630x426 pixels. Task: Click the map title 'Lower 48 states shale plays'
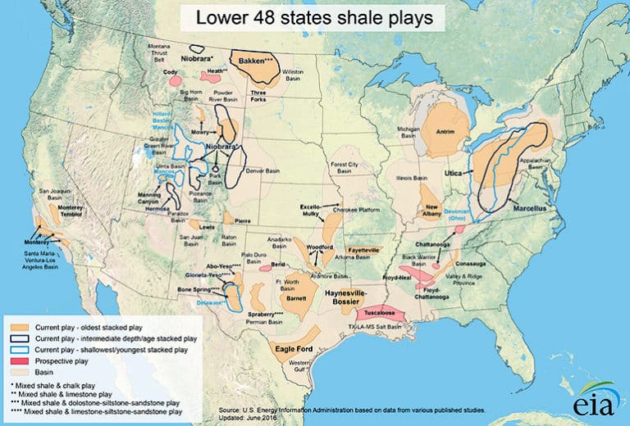pos(314,17)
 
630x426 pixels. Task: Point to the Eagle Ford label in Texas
pos(294,347)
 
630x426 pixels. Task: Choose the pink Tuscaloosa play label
pos(377,314)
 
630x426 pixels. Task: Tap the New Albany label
pos(434,211)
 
